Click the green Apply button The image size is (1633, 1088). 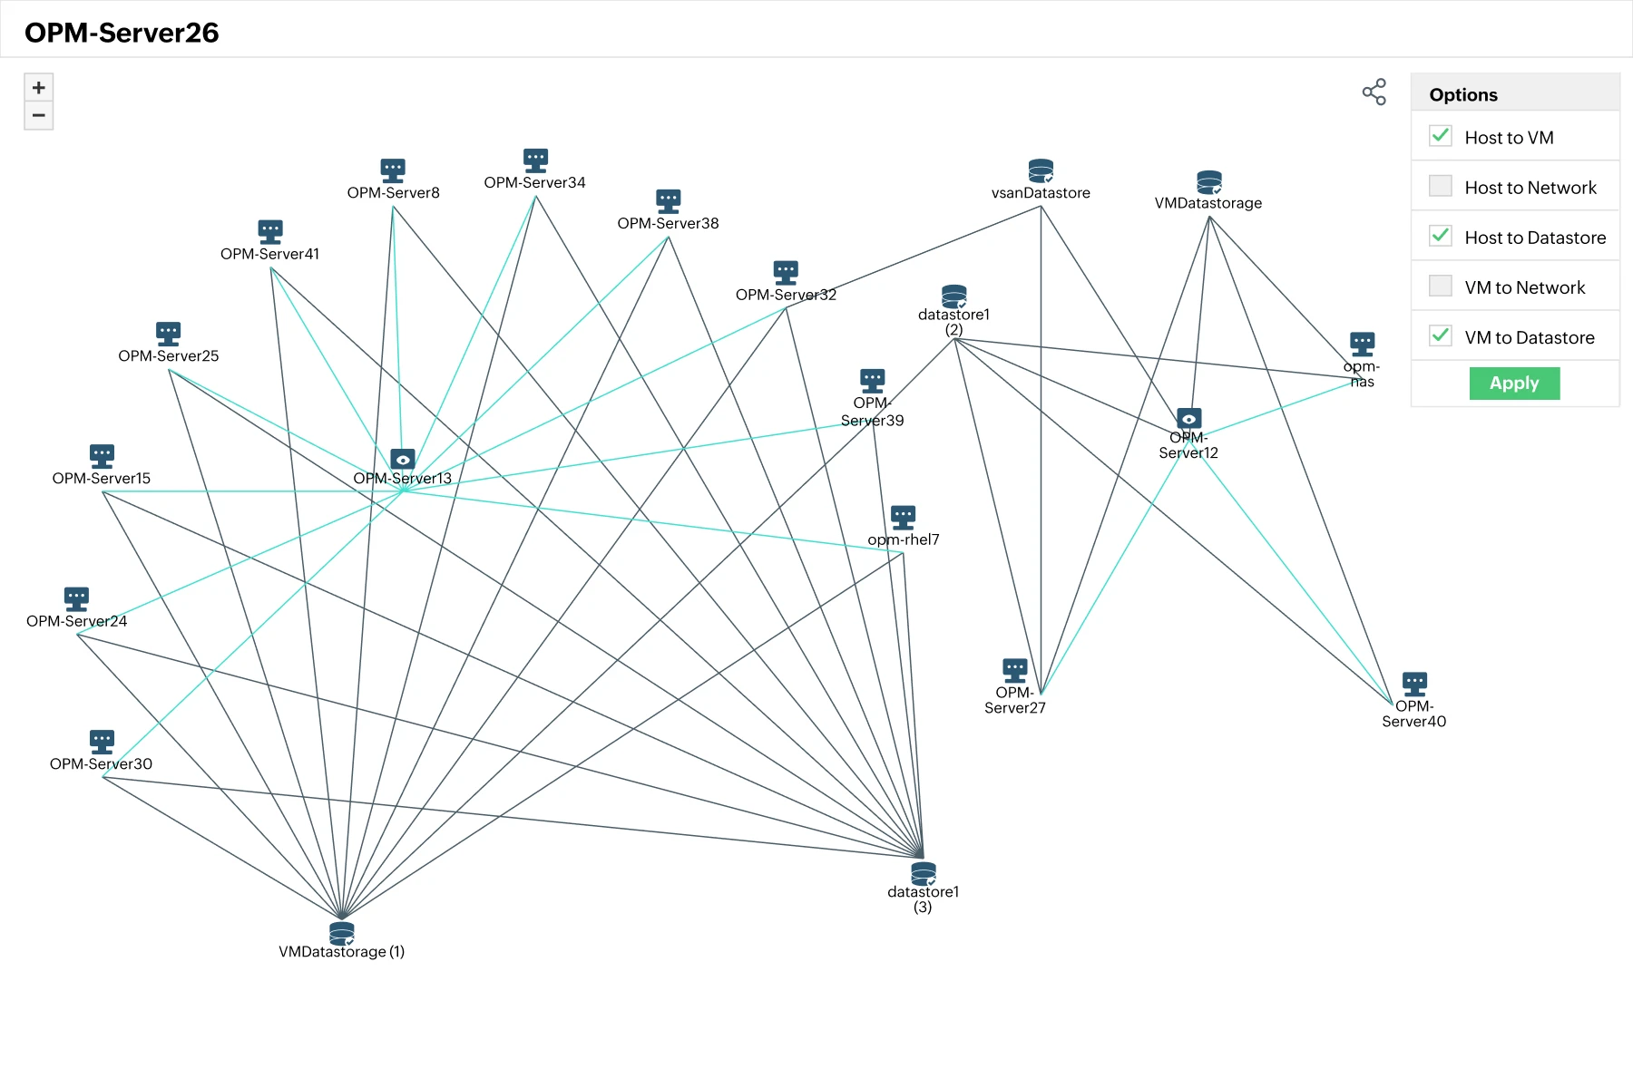(1514, 383)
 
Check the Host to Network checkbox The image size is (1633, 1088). (1441, 186)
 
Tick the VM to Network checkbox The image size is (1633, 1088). (1441, 286)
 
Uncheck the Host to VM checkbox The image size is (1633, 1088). (1441, 136)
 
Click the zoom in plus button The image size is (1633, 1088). (38, 87)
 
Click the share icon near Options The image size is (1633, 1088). (1374, 92)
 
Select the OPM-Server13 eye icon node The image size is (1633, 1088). (403, 459)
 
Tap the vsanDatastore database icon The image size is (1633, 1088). (1041, 170)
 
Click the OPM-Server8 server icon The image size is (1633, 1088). (393, 170)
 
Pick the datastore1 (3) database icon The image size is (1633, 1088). (924, 873)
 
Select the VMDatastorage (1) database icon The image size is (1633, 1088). (342, 933)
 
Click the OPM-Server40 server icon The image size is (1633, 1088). (1414, 684)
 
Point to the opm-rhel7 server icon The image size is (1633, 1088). (904, 517)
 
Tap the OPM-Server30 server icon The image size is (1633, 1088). (103, 742)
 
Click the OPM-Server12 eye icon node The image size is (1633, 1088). (1189, 418)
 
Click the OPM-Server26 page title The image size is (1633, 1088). (122, 33)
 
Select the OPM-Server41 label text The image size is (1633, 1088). (269, 254)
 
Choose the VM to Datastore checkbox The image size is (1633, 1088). (1441, 335)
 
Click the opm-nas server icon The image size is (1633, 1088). (1363, 344)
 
